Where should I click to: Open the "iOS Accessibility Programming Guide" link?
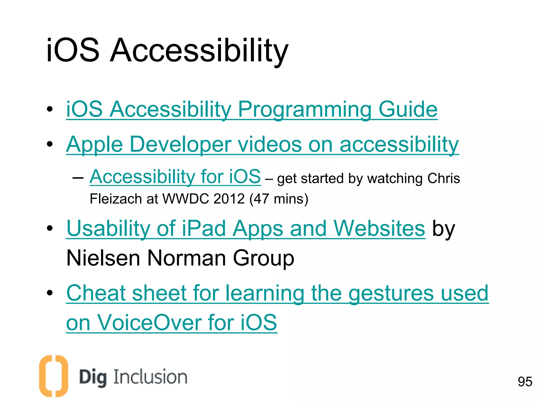(x=252, y=109)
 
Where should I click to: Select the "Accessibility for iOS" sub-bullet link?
(x=175, y=176)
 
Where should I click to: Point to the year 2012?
(x=229, y=199)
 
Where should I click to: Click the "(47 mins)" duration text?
(x=279, y=199)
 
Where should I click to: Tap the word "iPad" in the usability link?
(x=204, y=228)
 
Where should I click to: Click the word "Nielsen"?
(x=103, y=258)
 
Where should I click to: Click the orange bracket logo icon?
(x=54, y=376)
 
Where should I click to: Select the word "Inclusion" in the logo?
(x=150, y=377)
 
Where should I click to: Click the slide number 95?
(x=525, y=382)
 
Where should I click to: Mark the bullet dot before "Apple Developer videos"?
(x=50, y=144)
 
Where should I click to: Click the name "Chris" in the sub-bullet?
(x=443, y=178)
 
